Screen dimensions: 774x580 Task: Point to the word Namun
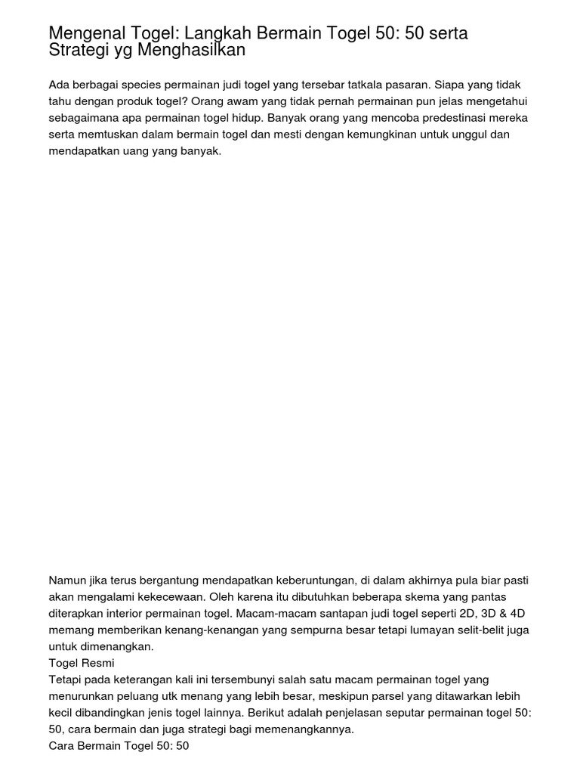66,580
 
